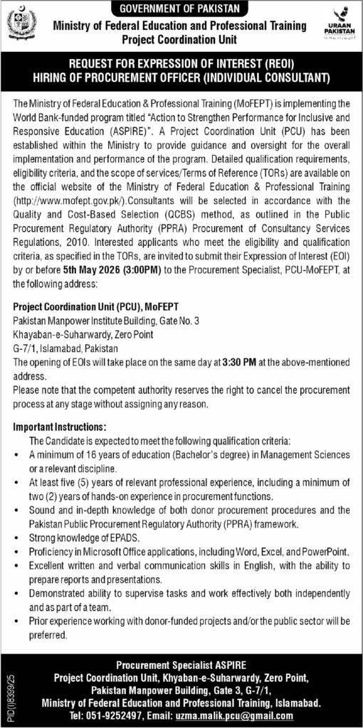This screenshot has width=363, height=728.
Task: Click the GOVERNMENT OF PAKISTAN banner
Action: (x=181, y=8)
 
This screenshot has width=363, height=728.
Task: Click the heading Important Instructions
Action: (x=58, y=427)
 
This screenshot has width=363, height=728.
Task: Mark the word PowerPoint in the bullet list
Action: (x=324, y=552)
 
